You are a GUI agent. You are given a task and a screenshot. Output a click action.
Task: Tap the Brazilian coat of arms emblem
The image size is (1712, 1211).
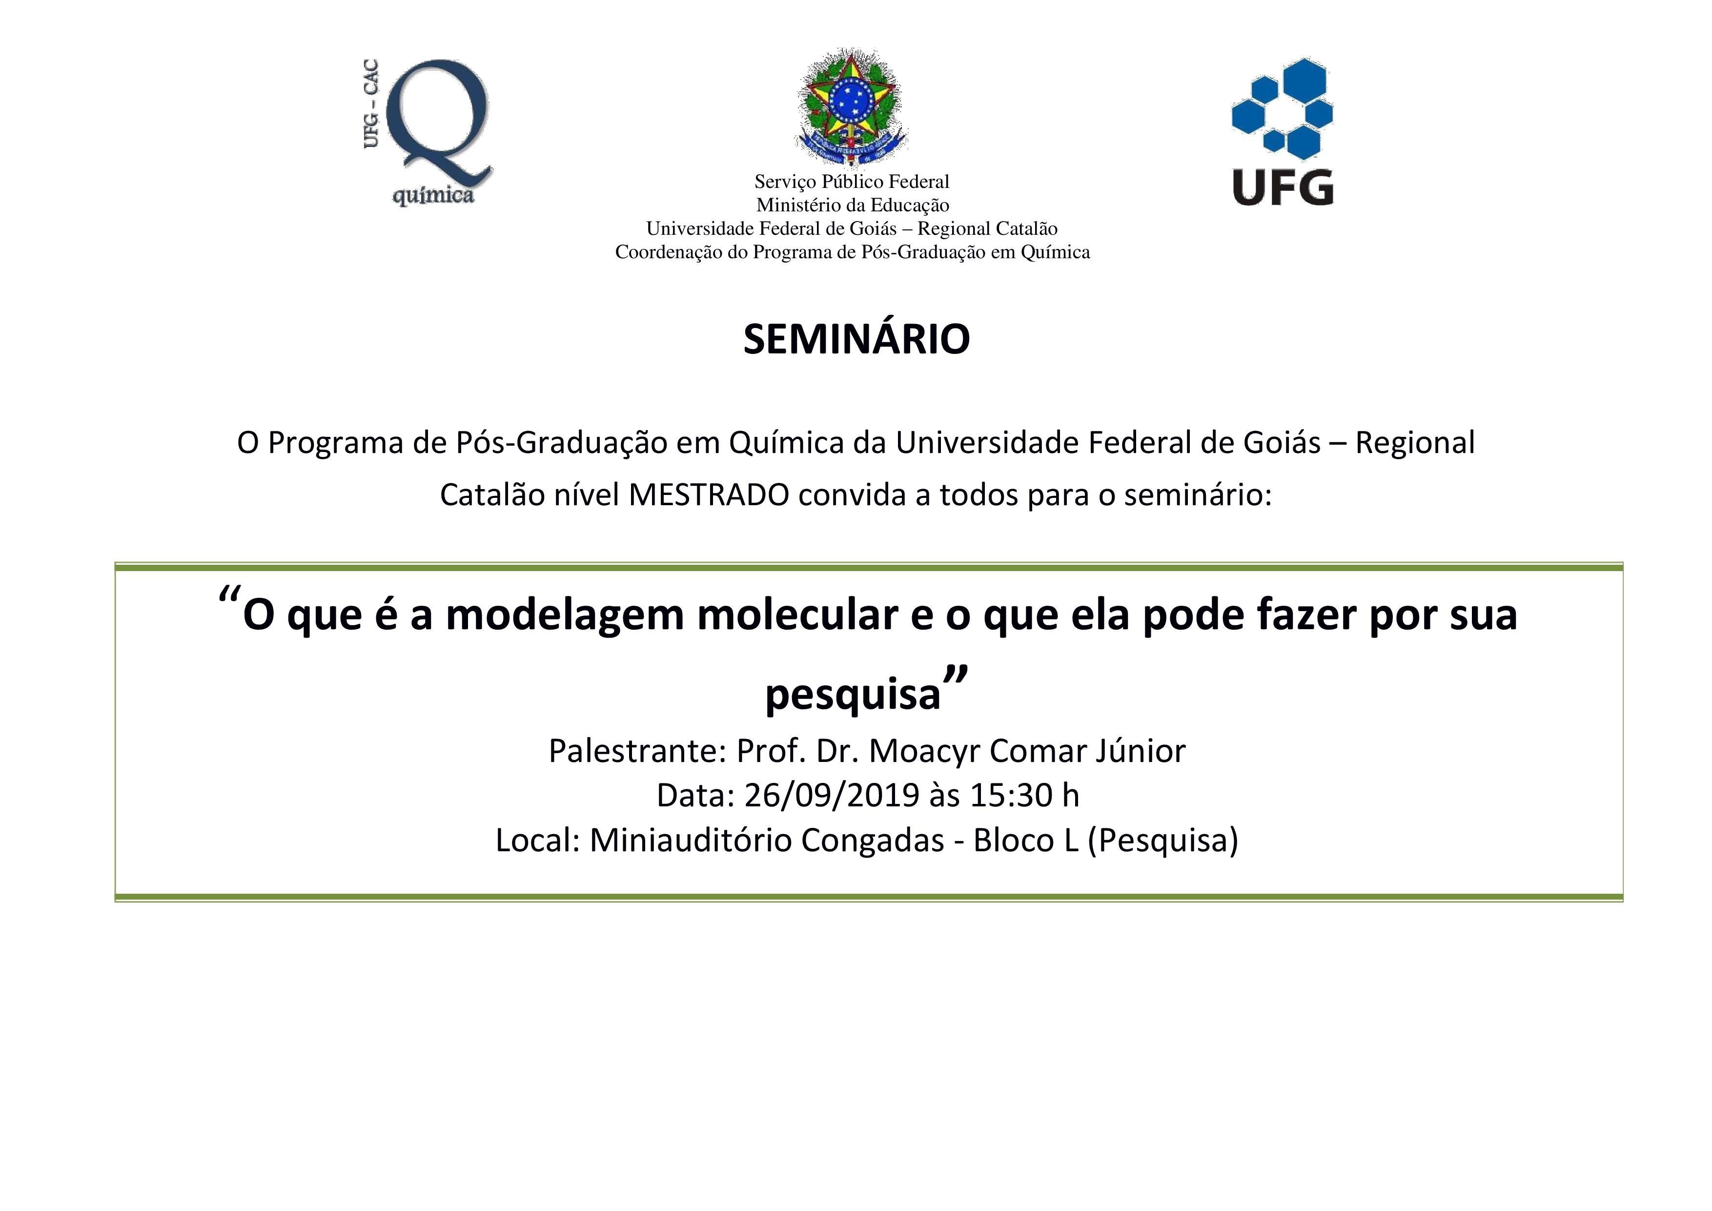pos(852,106)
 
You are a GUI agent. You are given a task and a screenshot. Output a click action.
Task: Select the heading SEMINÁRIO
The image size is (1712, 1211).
pos(856,339)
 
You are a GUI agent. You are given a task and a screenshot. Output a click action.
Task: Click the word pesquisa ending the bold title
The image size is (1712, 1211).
pos(853,694)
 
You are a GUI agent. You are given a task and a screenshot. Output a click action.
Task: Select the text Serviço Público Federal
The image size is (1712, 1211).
pos(852,181)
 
